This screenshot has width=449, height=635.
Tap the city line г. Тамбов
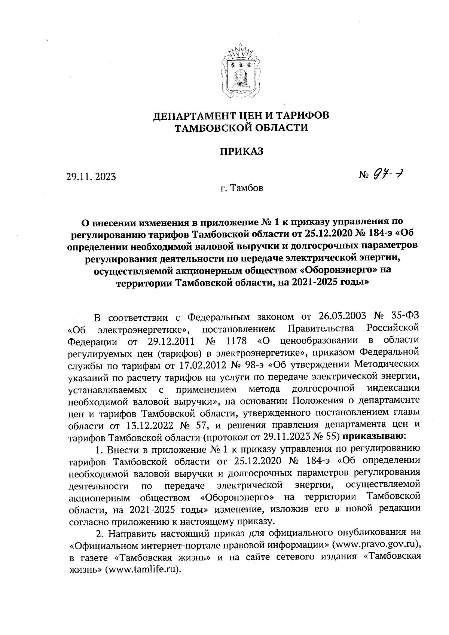pyautogui.click(x=242, y=188)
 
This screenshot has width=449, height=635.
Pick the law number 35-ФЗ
pyautogui.click(x=402, y=316)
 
